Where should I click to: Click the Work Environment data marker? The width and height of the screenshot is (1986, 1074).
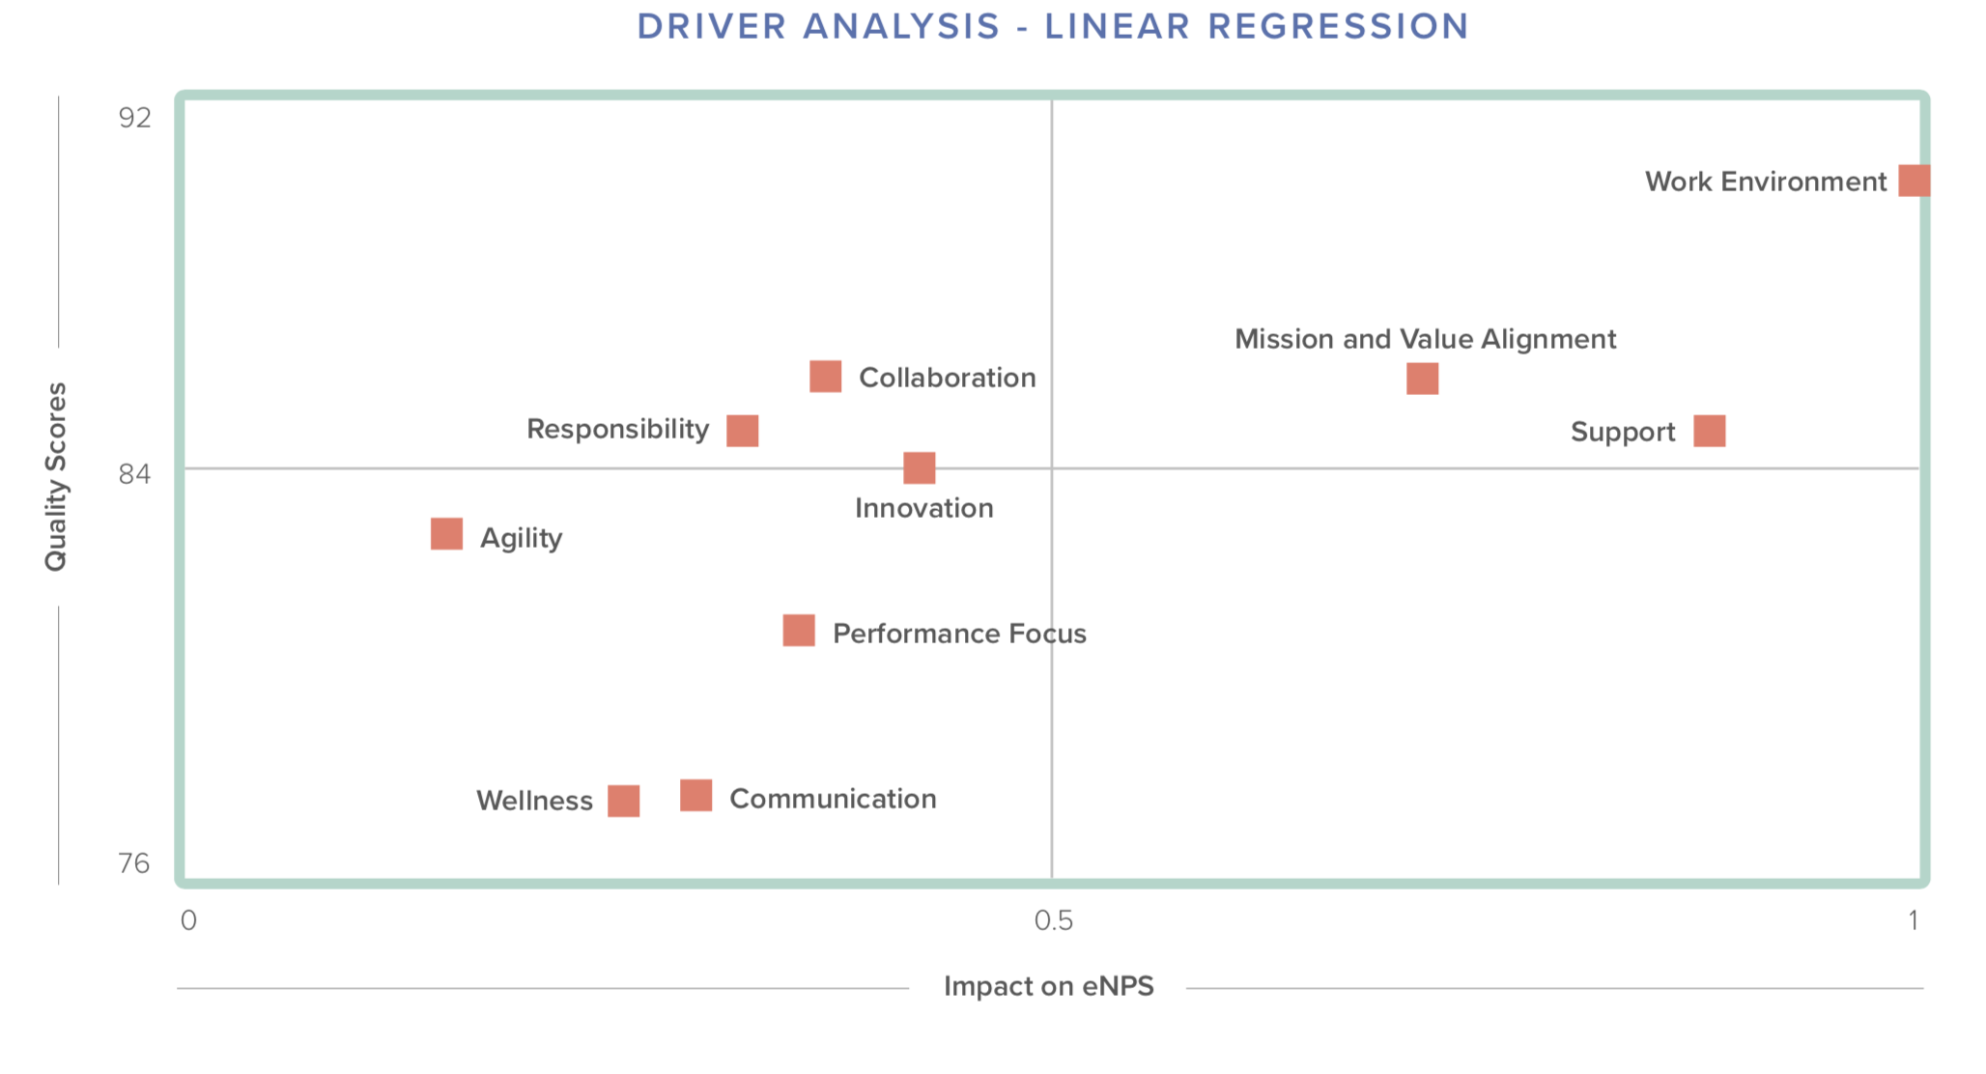(1914, 181)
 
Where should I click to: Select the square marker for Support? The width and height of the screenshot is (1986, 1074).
(1709, 431)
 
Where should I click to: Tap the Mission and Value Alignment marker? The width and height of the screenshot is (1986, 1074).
(1422, 379)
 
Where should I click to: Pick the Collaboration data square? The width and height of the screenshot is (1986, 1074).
(825, 376)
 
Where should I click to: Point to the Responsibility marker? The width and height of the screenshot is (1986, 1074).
(742, 430)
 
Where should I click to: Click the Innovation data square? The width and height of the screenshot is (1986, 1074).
(919, 467)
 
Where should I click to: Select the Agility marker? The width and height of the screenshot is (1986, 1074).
(446, 533)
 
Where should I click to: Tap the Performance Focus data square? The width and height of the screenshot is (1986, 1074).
(798, 631)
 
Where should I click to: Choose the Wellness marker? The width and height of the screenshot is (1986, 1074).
(623, 801)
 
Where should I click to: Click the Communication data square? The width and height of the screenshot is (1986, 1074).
(695, 796)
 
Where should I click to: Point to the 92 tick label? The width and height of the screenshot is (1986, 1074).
(135, 118)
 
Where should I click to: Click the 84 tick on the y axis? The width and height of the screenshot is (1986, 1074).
(135, 474)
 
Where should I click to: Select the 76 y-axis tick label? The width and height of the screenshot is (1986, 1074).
(134, 863)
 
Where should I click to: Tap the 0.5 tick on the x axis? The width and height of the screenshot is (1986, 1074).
(1053, 920)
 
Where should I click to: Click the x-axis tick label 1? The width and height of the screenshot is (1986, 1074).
(1913, 920)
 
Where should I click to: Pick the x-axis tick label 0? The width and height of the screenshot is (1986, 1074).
(188, 920)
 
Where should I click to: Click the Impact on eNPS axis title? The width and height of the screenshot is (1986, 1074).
(1048, 986)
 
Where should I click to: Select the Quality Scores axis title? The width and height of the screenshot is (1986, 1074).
(56, 476)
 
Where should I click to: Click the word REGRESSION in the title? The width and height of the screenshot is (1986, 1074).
(1338, 26)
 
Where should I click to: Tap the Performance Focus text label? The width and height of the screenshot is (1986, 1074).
(959, 634)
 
